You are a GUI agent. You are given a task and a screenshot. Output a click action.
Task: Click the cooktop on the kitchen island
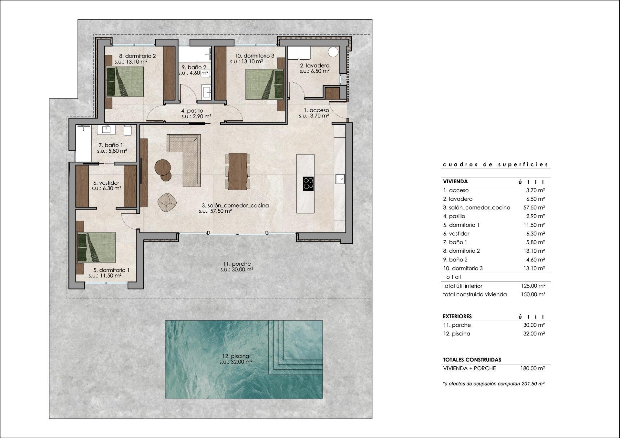[x=308, y=183]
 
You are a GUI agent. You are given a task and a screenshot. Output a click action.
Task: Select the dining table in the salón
[x=238, y=171]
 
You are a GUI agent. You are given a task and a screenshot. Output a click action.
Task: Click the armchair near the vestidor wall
[x=167, y=202]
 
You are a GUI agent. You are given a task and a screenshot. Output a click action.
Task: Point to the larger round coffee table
[x=163, y=167]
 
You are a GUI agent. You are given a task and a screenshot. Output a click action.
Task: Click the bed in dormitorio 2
[x=125, y=82]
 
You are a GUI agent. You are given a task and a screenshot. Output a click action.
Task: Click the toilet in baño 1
[x=128, y=130]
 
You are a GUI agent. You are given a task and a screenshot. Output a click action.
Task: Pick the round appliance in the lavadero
[x=333, y=52]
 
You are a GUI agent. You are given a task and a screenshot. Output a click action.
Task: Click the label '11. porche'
[x=236, y=264]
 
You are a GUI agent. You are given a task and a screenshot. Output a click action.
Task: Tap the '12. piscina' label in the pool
[x=236, y=356]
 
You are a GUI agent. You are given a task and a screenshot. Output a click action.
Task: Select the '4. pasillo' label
[x=192, y=111]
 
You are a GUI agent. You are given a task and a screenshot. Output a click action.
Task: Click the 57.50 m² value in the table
[x=534, y=208]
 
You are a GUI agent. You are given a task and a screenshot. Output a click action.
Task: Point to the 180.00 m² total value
[x=532, y=368]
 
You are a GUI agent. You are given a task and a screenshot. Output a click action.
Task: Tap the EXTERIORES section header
[x=457, y=316]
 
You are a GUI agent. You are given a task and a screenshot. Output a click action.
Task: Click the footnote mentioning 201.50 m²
[x=494, y=384]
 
